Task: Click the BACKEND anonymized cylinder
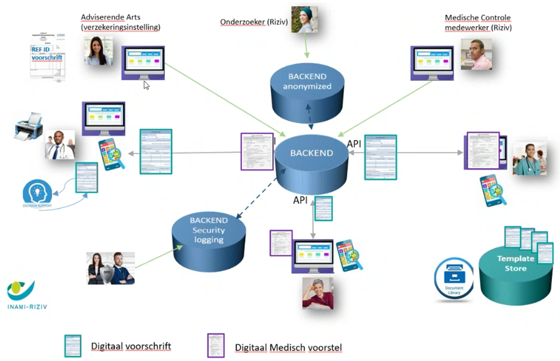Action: pos(307,83)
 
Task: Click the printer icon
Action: pos(29,125)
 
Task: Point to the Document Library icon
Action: pos(454,279)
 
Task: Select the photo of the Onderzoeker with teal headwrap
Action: pos(305,20)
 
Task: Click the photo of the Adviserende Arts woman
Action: pos(98,50)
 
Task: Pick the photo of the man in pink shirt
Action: pos(476,54)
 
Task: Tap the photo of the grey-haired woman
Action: pos(318,293)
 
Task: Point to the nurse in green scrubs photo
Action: pos(529,159)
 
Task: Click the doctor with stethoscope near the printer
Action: pos(60,144)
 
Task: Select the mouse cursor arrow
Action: pos(147,85)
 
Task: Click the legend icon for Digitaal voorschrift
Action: pos(73,346)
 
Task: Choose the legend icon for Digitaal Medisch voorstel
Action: pos(216,345)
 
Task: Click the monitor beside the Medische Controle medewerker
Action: pos(432,63)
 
